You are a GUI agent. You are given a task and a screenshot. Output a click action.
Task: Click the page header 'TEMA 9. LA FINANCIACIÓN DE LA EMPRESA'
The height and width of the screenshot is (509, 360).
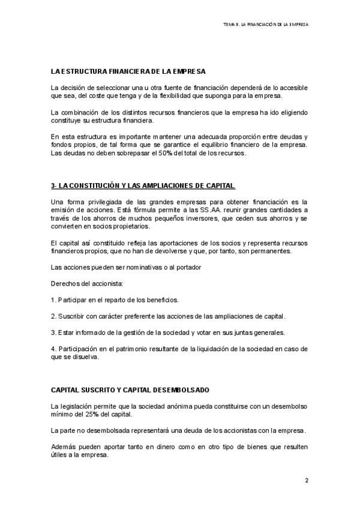265,25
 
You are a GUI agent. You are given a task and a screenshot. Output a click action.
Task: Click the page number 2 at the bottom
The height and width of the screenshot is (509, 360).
306,480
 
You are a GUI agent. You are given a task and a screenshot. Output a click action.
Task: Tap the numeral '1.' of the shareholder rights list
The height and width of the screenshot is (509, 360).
53,298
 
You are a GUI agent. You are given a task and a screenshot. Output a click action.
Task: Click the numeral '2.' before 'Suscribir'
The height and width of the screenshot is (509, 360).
53,315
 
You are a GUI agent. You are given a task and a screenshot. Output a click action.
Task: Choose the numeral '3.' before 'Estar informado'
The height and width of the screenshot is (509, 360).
53,332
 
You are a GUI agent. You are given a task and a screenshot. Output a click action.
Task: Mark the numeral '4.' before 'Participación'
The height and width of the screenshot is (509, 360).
53,349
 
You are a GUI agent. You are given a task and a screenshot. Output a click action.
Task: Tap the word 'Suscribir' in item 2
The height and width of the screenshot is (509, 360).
71,315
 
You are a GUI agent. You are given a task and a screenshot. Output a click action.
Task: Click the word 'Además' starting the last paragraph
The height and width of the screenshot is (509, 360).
64,448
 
